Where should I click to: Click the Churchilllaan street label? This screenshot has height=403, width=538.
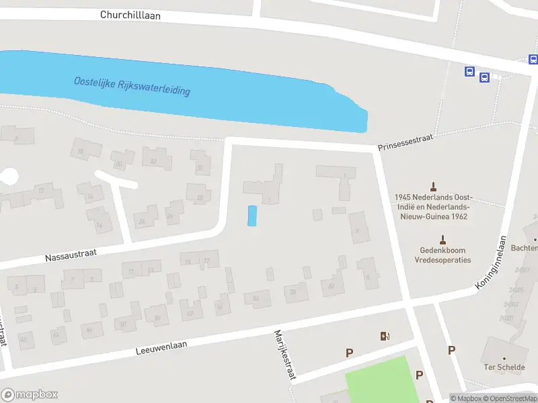click(130, 15)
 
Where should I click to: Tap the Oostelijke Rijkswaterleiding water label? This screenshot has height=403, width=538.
click(132, 86)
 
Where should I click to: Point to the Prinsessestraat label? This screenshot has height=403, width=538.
click(403, 141)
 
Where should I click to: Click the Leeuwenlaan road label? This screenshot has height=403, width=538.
click(161, 347)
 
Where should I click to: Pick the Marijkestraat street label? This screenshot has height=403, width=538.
click(284, 355)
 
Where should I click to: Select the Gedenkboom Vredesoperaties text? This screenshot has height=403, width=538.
click(443, 255)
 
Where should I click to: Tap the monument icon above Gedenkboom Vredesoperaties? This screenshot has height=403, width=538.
click(443, 239)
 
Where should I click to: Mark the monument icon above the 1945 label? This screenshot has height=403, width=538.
click(434, 186)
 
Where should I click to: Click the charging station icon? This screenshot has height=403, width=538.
click(385, 337)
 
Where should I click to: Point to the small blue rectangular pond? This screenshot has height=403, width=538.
click(252, 216)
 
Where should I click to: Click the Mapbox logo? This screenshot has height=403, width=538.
click(30, 395)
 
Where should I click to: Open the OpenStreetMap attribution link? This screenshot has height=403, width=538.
click(510, 398)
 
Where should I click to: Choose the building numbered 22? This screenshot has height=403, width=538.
click(153, 161)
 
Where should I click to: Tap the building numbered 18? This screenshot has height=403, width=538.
click(81, 152)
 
